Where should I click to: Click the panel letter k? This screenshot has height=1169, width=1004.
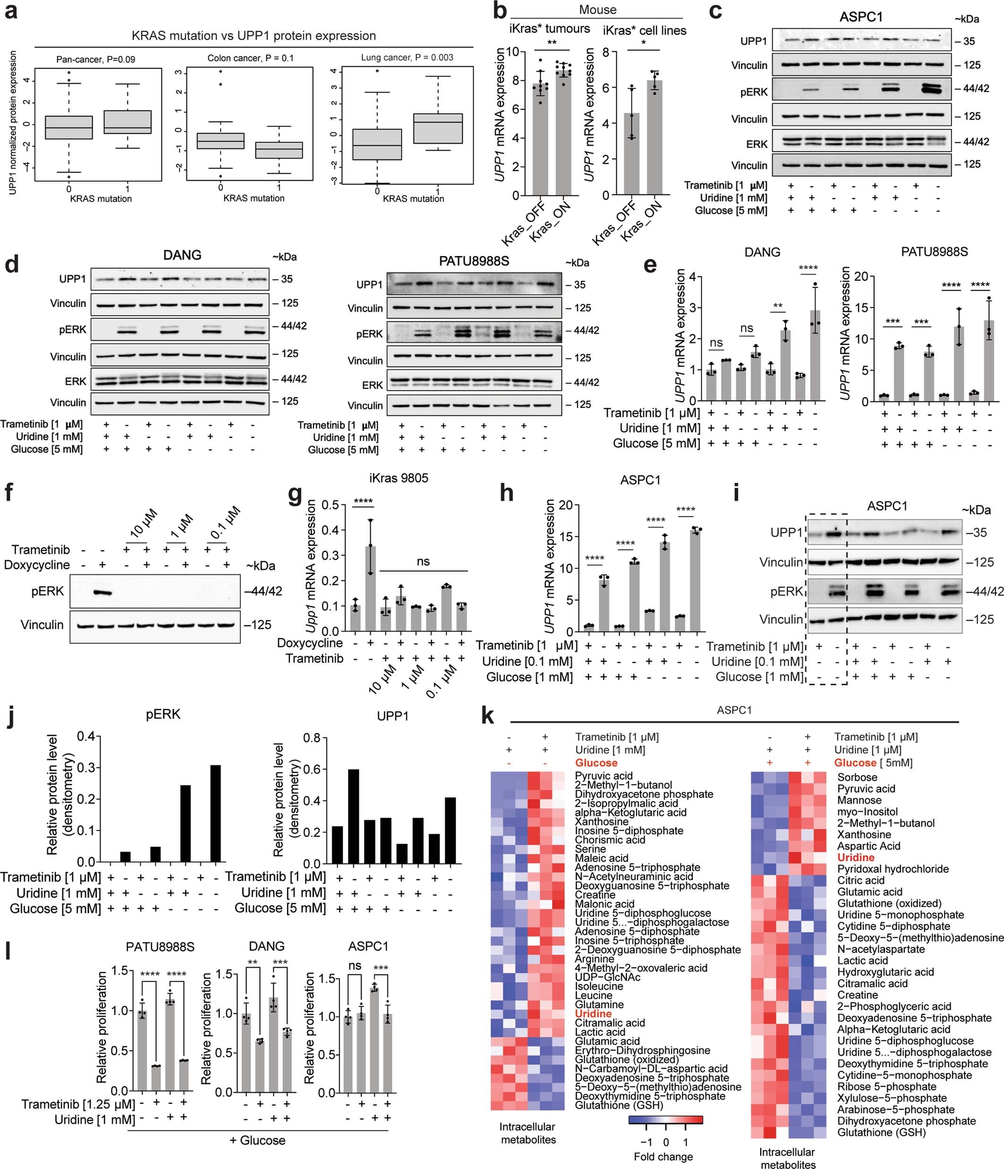coord(487,717)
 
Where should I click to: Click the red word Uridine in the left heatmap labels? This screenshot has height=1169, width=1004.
coord(593,1014)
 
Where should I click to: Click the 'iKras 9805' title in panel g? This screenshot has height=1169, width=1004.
coord(398,478)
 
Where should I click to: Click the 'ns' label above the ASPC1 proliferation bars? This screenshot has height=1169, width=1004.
coord(355,966)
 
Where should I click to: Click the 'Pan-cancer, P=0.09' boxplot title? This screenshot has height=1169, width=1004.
coord(96,59)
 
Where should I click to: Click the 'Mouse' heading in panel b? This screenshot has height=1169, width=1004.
coord(598,10)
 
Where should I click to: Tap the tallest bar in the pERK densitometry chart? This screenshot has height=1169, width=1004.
coord(215,813)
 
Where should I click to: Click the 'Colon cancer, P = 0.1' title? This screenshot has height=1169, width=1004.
coord(250,58)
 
